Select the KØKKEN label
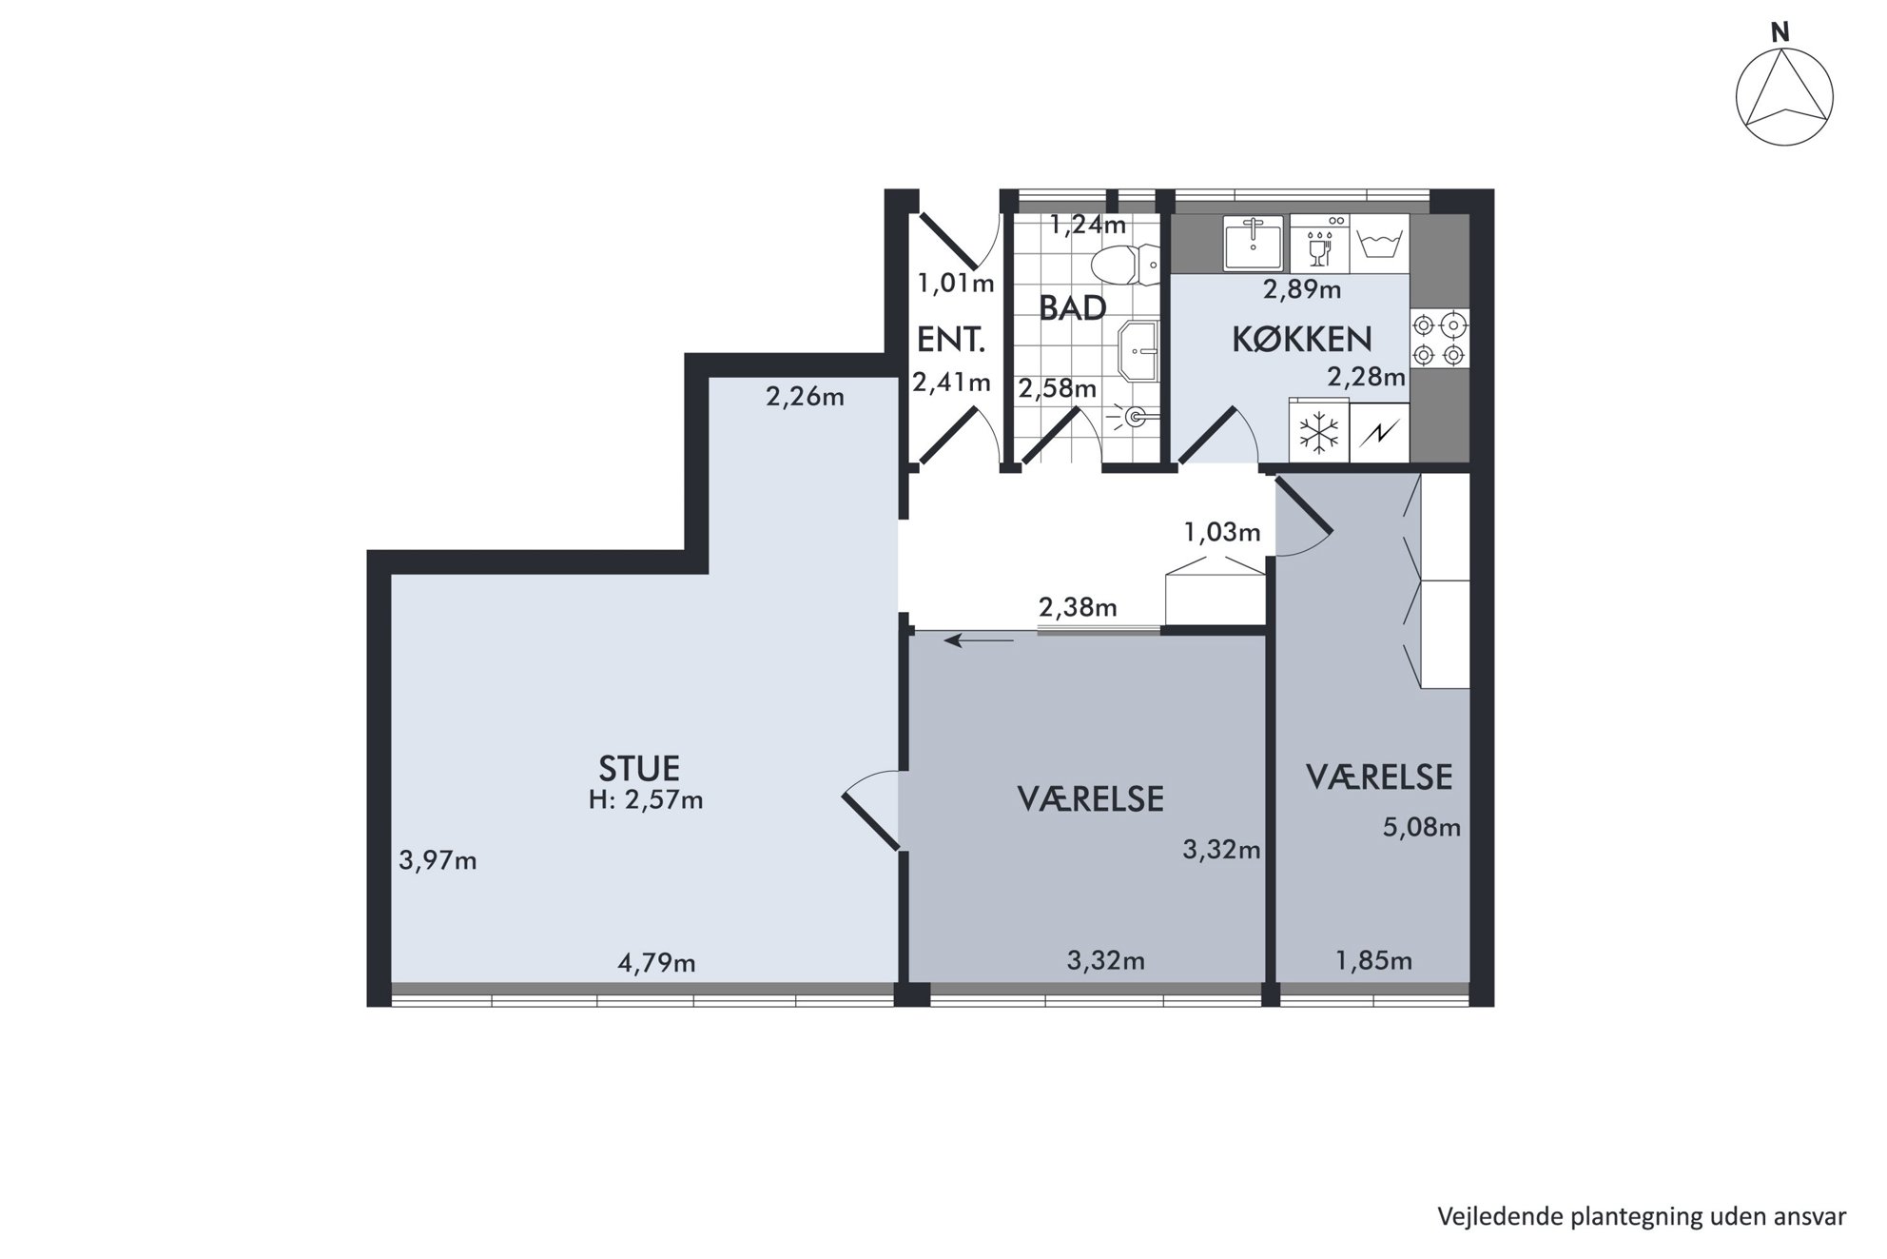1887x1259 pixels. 1302,340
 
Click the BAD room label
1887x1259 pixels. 1073,308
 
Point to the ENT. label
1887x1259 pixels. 950,340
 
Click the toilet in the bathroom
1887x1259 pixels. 1125,265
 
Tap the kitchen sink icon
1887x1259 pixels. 1254,243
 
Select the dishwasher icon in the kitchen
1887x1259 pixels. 1319,243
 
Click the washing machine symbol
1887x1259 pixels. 1379,243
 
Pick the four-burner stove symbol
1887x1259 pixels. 1439,340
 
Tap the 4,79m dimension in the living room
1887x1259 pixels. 657,964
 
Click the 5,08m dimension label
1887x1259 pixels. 1422,828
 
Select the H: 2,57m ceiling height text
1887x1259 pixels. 646,800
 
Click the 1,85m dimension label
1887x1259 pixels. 1373,961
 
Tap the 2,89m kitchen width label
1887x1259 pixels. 1302,289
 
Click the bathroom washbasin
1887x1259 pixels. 1138,349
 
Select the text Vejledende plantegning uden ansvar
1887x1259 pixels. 1643,1217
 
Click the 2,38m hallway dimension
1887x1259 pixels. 1078,607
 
